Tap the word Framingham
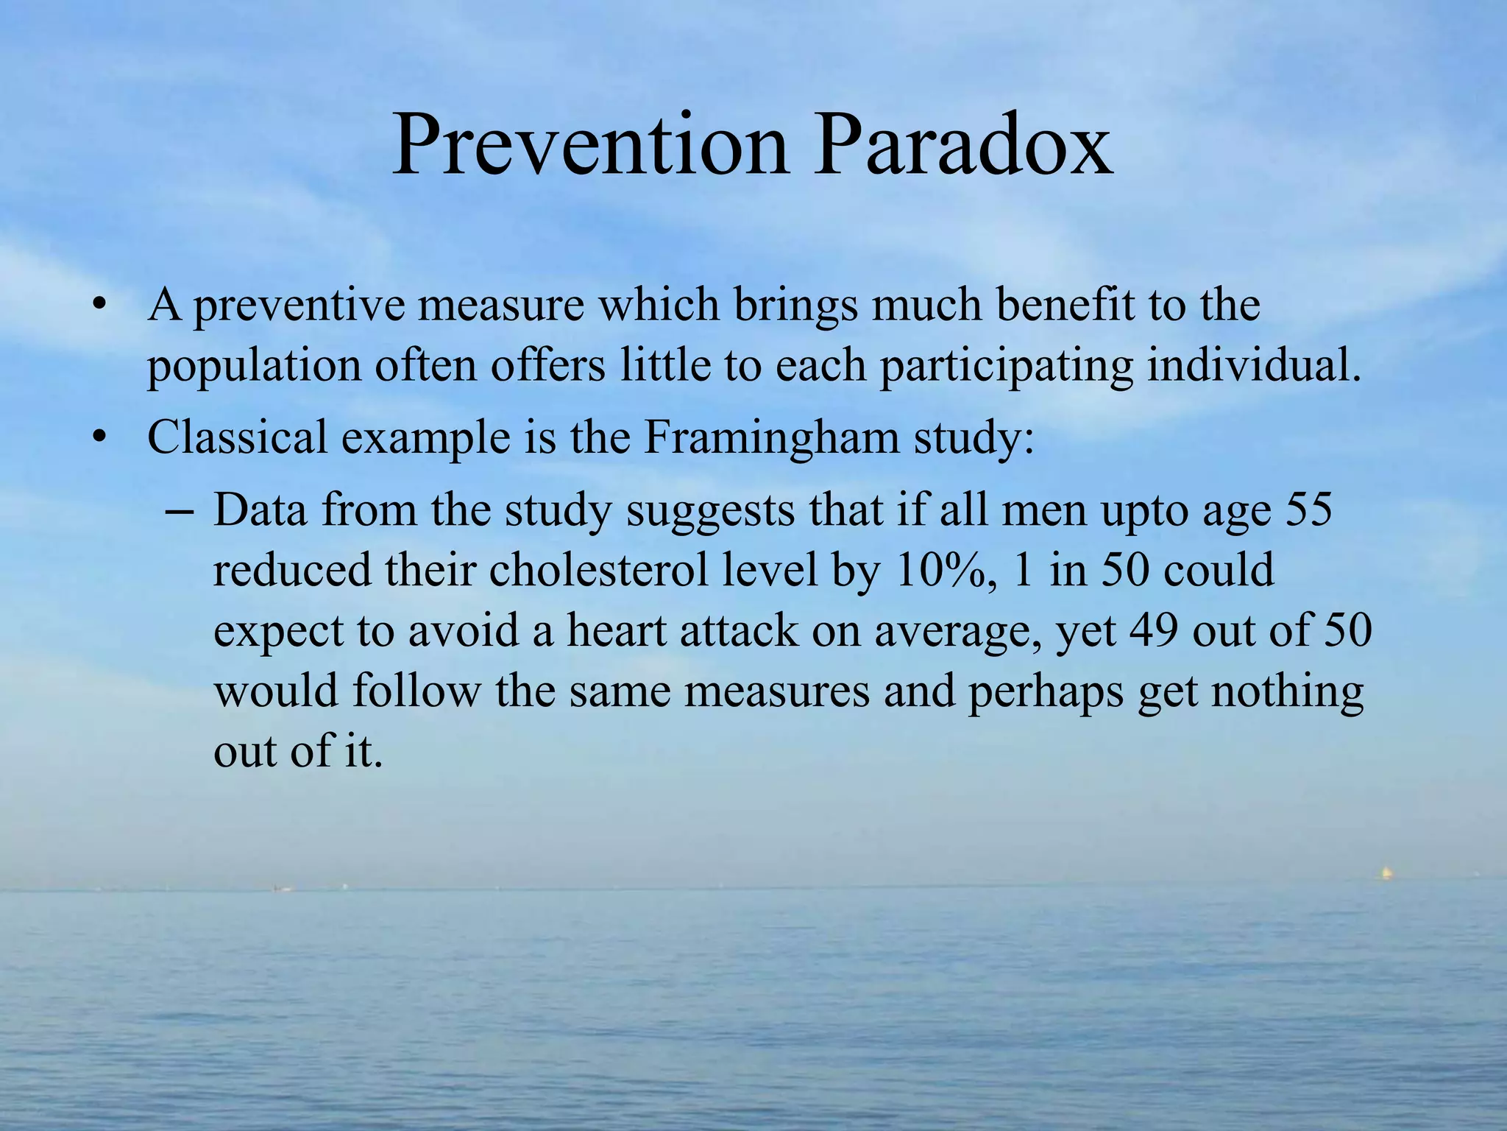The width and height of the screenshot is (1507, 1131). [772, 437]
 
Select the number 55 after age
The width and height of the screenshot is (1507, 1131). [1308, 510]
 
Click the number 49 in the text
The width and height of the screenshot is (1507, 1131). [1153, 631]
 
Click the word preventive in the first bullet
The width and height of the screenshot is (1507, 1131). [299, 306]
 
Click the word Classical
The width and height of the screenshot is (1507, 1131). [237, 437]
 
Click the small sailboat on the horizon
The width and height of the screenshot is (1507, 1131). [1386, 873]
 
